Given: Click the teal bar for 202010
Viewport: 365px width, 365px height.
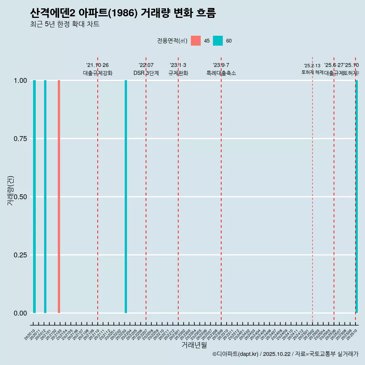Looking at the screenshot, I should (34, 197).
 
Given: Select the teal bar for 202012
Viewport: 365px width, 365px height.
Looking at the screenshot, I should (45, 197).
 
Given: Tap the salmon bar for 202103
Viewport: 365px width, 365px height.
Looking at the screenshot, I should (59, 197).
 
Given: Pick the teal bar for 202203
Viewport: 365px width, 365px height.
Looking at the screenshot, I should (126, 197).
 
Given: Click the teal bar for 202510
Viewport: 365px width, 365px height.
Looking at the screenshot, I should (357, 197).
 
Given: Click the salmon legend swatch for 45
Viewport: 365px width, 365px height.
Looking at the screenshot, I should (196, 41).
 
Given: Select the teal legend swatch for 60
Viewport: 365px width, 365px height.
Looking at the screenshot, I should (218, 41).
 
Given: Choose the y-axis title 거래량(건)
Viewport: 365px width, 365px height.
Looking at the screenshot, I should (10, 191).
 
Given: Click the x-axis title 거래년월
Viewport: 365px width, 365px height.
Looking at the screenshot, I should (194, 345).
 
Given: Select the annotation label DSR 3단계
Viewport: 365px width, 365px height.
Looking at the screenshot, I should (146, 73).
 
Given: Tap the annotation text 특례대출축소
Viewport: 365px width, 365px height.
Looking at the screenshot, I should (221, 73).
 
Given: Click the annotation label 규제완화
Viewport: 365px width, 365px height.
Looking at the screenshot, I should (178, 73).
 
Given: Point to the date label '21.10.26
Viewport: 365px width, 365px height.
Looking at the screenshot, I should (97, 65).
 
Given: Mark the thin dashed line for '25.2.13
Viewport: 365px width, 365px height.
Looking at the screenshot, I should (313, 190).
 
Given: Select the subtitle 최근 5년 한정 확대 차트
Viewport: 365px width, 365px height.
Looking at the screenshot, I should (65, 24).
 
